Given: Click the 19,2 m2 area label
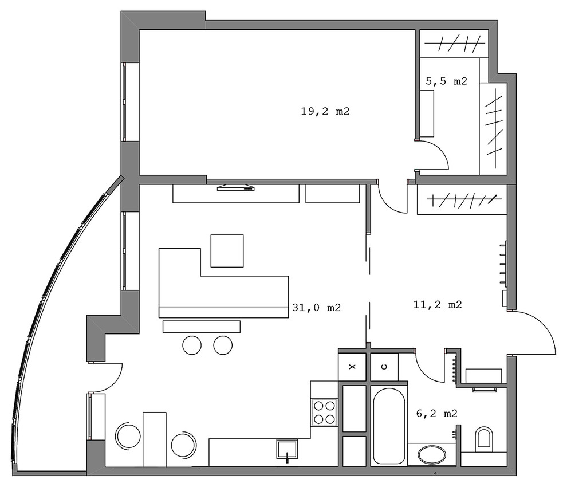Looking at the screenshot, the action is point(325,112).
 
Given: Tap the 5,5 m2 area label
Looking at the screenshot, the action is point(446,81).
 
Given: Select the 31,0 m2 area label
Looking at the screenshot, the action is point(316,308).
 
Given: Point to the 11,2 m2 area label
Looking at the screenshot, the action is point(438,305).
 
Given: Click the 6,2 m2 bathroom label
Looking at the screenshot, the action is point(437,413).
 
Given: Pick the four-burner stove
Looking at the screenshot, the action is point(324,413).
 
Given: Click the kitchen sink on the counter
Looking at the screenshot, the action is point(287,449).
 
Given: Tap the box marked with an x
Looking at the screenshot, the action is point(352,367).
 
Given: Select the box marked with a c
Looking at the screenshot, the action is point(384,367).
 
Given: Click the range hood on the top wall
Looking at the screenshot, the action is point(236,187).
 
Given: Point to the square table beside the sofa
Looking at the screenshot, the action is point(227,251).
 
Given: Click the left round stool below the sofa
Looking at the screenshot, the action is point(192,345).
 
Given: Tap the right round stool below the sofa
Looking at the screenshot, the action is point(223,345).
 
